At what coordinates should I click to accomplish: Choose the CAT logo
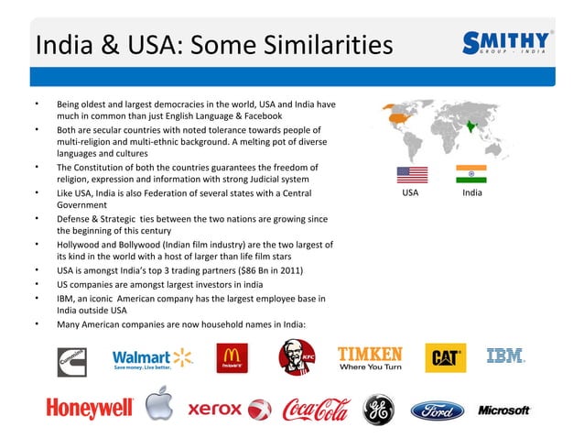tap(446, 357)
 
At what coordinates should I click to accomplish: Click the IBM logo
tap(505, 356)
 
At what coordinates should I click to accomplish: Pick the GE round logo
tap(378, 410)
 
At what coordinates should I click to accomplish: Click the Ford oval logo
tap(437, 410)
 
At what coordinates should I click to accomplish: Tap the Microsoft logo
tap(504, 410)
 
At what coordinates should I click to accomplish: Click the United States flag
tap(411, 175)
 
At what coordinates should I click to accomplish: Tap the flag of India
tap(470, 175)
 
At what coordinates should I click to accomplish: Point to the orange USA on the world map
tap(398, 117)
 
